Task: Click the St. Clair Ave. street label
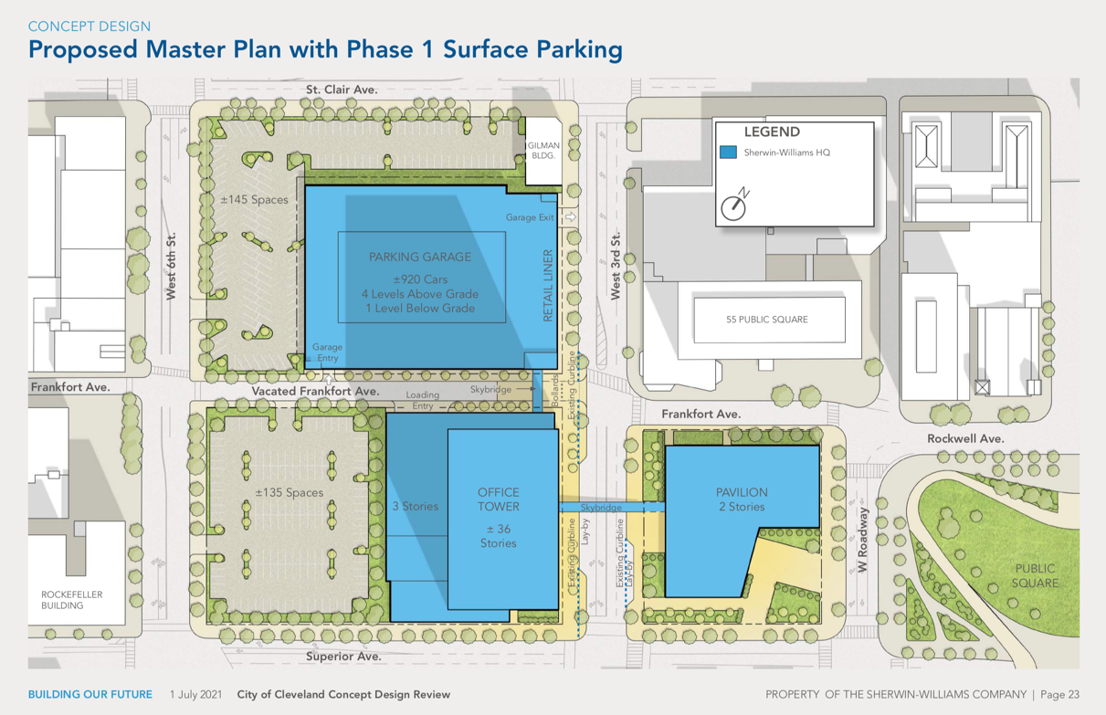[342, 89]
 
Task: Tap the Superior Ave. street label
[343, 657]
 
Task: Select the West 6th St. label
[171, 266]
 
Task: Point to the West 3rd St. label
[616, 266]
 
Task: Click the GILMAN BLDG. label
[543, 151]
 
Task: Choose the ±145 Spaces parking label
[254, 199]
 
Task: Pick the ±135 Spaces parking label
[290, 492]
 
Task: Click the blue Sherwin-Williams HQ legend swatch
[728, 152]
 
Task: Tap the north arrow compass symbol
[734, 204]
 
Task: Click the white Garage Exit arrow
[571, 216]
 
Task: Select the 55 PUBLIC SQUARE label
[767, 320]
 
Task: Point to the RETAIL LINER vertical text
[548, 286]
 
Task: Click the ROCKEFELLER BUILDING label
[71, 600]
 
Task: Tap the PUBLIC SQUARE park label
[1035, 576]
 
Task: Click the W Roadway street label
[862, 540]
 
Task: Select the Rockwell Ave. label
[965, 438]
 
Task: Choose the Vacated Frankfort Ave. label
[315, 391]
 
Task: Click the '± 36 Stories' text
[498, 536]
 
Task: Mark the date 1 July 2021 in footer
[196, 694]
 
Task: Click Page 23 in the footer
[1059, 694]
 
